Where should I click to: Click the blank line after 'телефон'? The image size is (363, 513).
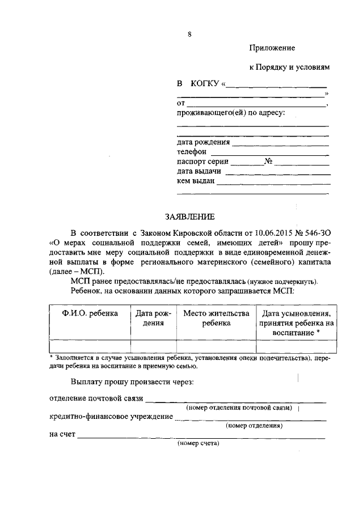pyautogui.click(x=270, y=153)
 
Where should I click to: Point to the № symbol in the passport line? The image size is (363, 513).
pyautogui.click(x=268, y=162)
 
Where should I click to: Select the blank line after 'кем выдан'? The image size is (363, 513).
pyautogui.click(x=273, y=183)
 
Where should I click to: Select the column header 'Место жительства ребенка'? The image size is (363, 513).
pyautogui.click(x=216, y=318)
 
